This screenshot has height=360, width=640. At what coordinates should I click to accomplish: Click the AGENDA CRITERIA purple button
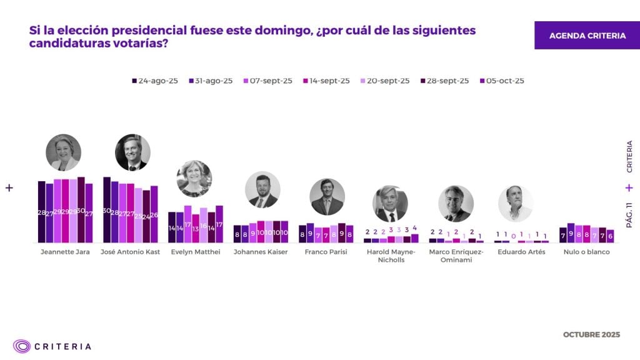pos(587,36)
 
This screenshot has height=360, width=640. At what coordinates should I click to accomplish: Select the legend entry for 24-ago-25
pos(155,81)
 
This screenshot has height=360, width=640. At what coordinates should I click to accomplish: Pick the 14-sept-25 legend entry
pos(326,81)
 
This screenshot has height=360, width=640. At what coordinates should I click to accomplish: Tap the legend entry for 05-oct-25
pos(502,81)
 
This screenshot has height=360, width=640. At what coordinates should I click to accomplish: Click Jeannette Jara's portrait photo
pos(64,152)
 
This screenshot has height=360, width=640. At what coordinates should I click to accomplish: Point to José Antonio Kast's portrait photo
pos(132,152)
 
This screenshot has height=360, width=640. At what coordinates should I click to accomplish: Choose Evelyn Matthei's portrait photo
pos(194,179)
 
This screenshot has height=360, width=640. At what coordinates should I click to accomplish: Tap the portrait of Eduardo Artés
pos(516,203)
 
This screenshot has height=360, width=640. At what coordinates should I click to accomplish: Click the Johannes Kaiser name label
pos(261,252)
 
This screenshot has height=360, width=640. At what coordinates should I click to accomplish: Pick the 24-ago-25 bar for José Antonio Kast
pos(107,210)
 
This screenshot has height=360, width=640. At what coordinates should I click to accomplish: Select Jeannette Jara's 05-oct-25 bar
pos(89,213)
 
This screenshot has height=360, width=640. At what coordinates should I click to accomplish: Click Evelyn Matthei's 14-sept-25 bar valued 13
pos(196,228)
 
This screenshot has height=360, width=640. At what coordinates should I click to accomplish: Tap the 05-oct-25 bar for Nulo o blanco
pos(610,236)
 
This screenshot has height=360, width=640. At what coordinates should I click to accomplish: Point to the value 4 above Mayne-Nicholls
pos(414,228)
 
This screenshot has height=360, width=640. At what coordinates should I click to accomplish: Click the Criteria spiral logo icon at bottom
pos(22,346)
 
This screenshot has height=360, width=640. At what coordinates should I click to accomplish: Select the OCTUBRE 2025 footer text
pos(591,334)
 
